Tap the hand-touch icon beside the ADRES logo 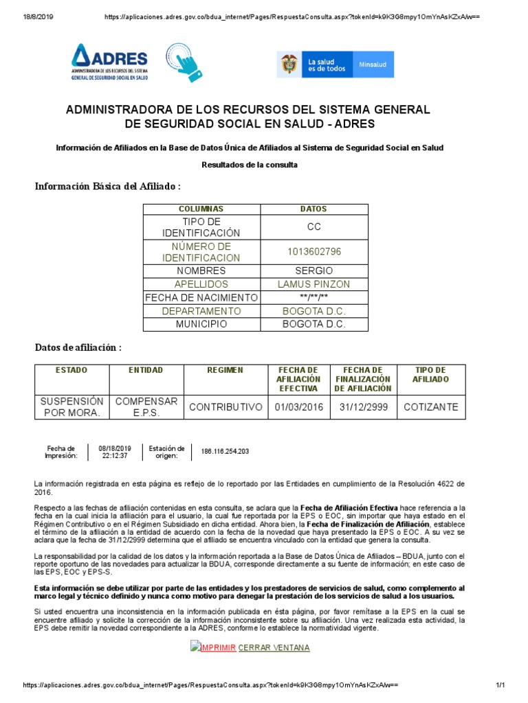[184, 62]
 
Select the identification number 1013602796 [313, 252]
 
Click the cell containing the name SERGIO [313, 270]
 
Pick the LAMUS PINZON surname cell [313, 284]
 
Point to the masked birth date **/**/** [313, 297]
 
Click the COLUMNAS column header [201, 209]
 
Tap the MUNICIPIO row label [201, 324]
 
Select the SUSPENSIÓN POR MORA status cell [72, 406]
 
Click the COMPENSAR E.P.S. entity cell [146, 406]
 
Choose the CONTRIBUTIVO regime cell [225, 407]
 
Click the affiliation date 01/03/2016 [298, 407]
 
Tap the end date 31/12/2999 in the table [364, 407]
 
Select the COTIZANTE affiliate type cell [431, 407]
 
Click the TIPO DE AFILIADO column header [431, 375]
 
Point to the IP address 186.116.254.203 [225, 451]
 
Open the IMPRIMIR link [217, 647]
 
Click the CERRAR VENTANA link [274, 647]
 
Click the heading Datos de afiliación [78, 348]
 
